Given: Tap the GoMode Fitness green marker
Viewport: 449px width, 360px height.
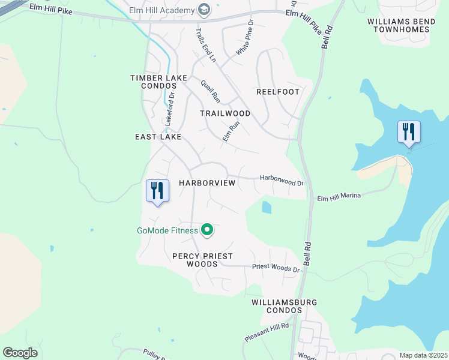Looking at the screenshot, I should pyautogui.click(x=208, y=230).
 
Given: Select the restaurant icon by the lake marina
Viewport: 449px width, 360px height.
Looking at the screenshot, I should pyautogui.click(x=409, y=132).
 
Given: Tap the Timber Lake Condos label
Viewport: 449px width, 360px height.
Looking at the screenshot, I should pyautogui.click(x=160, y=82).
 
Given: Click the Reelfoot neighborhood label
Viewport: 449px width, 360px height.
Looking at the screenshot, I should pyautogui.click(x=277, y=92).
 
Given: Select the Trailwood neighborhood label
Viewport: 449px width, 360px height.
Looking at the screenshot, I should pyautogui.click(x=225, y=113).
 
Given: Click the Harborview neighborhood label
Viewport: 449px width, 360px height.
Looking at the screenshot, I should pyautogui.click(x=207, y=182).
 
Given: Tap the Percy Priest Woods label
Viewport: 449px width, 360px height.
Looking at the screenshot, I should pyautogui.click(x=202, y=260).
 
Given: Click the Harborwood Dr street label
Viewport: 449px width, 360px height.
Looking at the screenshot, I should pyautogui.click(x=282, y=179).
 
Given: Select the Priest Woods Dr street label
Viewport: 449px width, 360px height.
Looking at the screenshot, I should pyautogui.click(x=276, y=268).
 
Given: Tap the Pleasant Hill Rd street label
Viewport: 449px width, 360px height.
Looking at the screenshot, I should pyautogui.click(x=267, y=332).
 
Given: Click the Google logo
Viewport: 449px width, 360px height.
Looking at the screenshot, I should pyautogui.click(x=20, y=353).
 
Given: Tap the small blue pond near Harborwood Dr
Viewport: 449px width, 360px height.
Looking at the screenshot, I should pyautogui.click(x=266, y=208).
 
